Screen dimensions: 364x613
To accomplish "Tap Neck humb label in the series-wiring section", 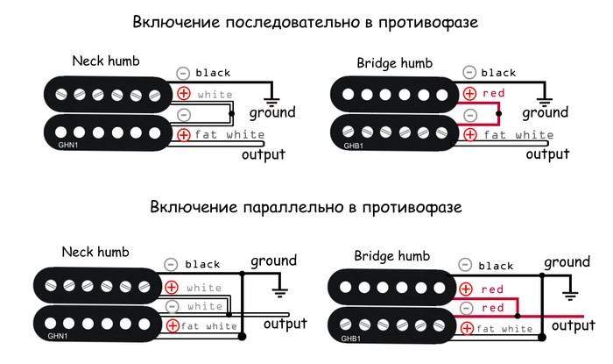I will click(106, 61).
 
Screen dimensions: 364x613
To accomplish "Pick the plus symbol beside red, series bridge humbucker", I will click(470, 93).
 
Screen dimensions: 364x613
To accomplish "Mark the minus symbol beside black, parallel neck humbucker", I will click(172, 264).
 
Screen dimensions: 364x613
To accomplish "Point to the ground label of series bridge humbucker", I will click(545, 113).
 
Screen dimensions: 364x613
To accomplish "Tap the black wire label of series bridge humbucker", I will click(498, 73).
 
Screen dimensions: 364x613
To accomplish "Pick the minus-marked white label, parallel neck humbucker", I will click(204, 306).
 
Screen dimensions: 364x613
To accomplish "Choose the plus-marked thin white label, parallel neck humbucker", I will click(204, 287).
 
